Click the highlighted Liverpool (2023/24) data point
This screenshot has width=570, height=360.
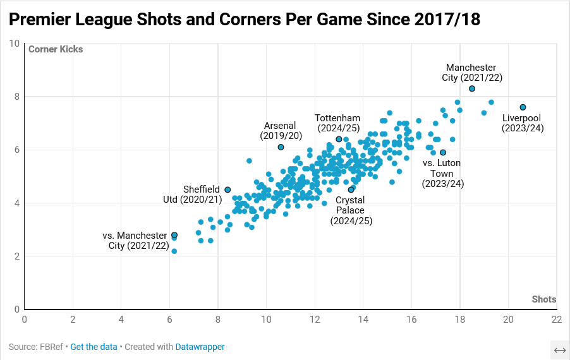coord(523,107)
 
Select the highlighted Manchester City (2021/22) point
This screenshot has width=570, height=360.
coord(472,88)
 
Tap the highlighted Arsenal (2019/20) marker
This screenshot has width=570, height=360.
coord(281,147)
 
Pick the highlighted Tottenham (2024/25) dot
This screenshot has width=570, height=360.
coord(339,139)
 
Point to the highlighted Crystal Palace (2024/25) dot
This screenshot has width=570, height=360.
coord(351,189)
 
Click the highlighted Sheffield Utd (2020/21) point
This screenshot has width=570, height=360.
coord(227,189)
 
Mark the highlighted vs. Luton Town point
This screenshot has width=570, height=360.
coord(443,152)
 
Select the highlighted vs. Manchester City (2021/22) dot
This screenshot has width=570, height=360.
coord(174,235)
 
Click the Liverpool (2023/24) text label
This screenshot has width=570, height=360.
coord(522,123)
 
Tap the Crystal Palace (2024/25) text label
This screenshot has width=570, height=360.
coord(351,211)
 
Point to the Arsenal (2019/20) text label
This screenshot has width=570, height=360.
coord(281,131)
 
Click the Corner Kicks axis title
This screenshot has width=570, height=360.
coord(56,49)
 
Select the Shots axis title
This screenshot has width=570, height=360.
coord(543,299)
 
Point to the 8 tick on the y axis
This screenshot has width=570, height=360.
coord(15,97)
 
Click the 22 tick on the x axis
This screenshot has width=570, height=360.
coord(556,320)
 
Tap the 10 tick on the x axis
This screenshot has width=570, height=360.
coord(266,320)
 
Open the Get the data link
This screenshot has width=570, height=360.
coord(94,347)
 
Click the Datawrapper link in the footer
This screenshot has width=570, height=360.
coord(200,347)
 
